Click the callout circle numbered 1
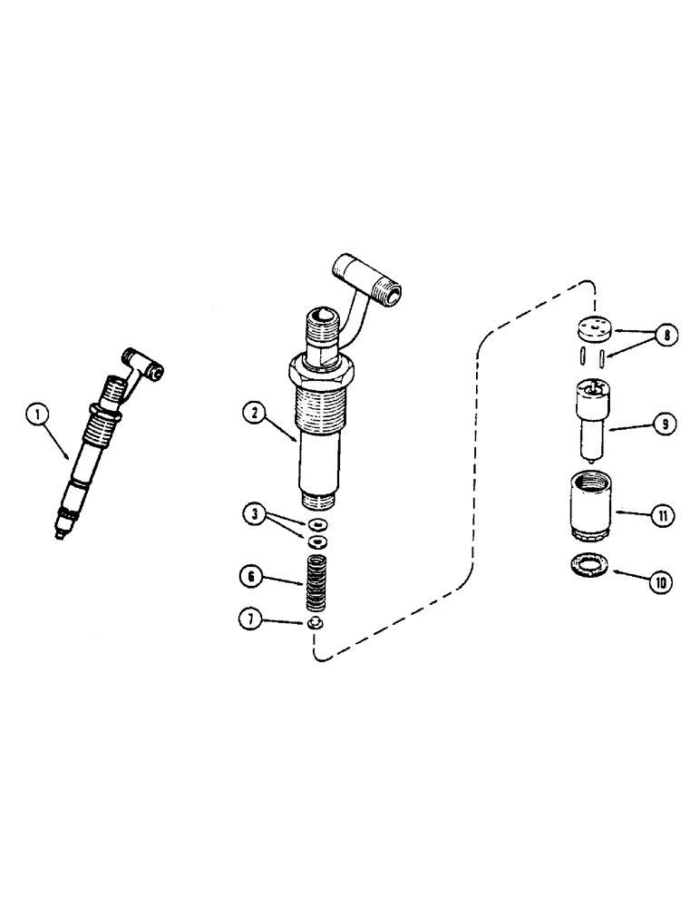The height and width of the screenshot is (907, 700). point(38,418)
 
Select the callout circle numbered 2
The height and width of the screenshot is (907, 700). point(254,413)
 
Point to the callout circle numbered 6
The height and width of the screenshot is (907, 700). point(254,576)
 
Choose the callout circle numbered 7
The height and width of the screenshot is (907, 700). point(254,621)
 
